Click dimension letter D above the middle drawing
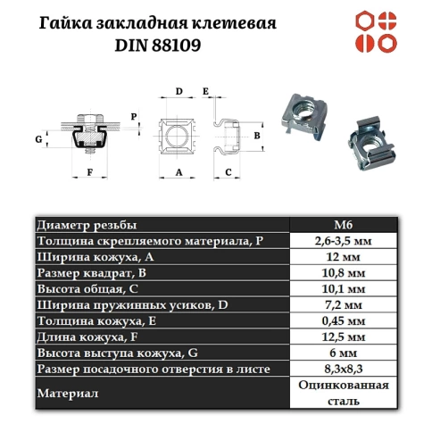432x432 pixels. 179,92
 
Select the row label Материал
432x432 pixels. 67,393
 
